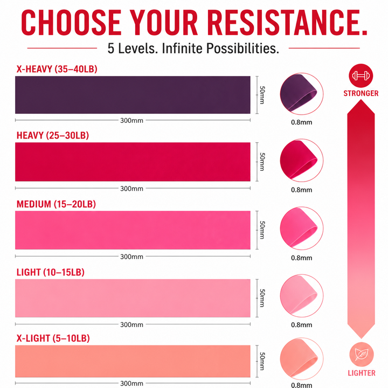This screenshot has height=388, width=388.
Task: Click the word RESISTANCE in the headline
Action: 287,23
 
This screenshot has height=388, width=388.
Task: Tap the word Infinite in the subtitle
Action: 182,48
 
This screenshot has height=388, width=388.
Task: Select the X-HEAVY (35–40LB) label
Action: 57,69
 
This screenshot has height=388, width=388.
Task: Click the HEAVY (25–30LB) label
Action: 52,136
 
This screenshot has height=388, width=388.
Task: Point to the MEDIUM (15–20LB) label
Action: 56,204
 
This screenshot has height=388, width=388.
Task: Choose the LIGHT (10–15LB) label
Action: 50,272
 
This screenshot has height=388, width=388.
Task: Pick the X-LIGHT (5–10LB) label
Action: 53,338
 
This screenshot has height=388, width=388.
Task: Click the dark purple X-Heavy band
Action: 133,95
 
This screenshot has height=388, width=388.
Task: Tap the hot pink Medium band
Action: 133,230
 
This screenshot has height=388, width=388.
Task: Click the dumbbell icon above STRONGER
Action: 361,76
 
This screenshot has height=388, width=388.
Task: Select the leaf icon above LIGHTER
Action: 362,355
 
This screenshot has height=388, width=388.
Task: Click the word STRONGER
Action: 361,93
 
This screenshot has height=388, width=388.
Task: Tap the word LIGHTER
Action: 362,373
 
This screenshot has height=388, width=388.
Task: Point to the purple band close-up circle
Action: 301,94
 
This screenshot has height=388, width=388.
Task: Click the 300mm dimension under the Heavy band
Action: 131,189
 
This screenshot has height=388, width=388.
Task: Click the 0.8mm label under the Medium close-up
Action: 301,258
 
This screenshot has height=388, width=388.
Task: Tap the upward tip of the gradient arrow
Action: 361,100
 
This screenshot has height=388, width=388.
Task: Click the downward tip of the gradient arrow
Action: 361,338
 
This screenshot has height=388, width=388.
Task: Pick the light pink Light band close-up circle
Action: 301,296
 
